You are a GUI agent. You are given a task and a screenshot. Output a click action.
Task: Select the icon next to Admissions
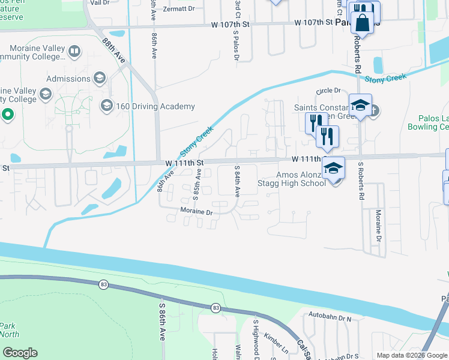100,78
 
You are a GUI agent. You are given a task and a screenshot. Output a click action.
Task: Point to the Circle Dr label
329,91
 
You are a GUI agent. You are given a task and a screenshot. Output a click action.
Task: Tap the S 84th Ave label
238,182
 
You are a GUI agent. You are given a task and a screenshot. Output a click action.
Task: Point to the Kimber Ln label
276,343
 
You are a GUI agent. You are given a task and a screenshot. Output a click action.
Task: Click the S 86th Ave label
162,320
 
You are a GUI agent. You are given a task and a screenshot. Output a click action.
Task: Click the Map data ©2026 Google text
411,355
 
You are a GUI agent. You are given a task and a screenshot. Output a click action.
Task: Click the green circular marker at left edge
8,114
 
